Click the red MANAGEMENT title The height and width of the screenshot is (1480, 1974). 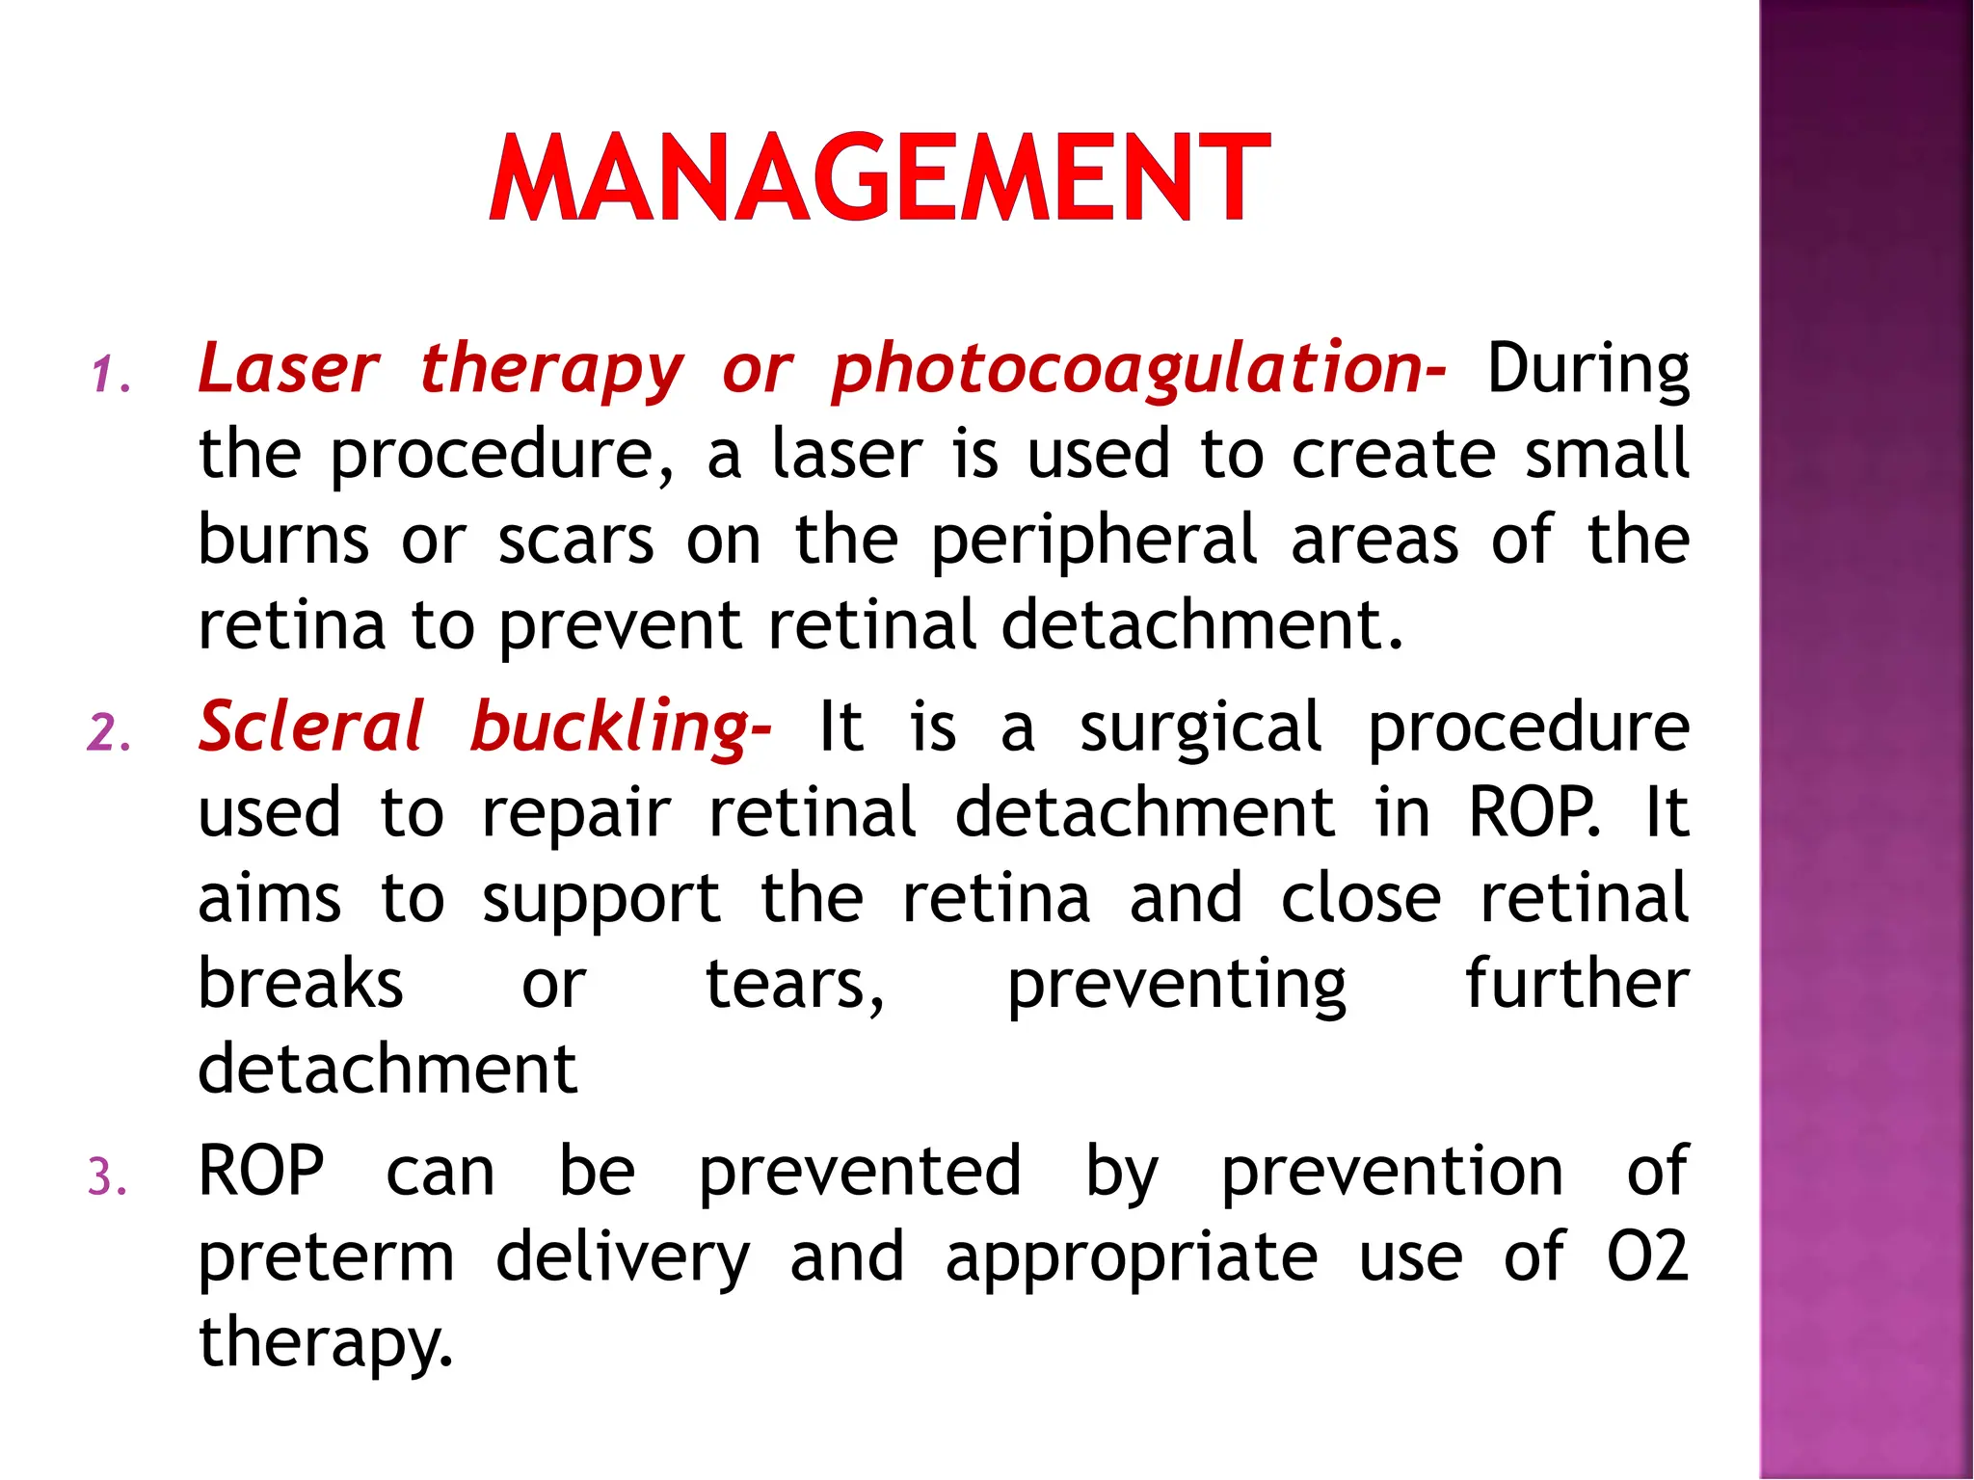tap(879, 179)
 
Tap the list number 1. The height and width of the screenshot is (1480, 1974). tap(109, 375)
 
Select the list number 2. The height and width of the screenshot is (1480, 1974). tap(109, 733)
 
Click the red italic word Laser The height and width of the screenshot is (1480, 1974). tap(288, 369)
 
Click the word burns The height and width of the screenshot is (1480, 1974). tap(283, 540)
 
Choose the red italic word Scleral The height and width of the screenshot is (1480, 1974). tap(310, 727)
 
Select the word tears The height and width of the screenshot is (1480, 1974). tap(793, 986)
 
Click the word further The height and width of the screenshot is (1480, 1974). tap(1577, 984)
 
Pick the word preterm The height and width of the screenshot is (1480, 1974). tap(326, 1258)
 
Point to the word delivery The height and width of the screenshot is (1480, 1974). tap(623, 1258)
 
